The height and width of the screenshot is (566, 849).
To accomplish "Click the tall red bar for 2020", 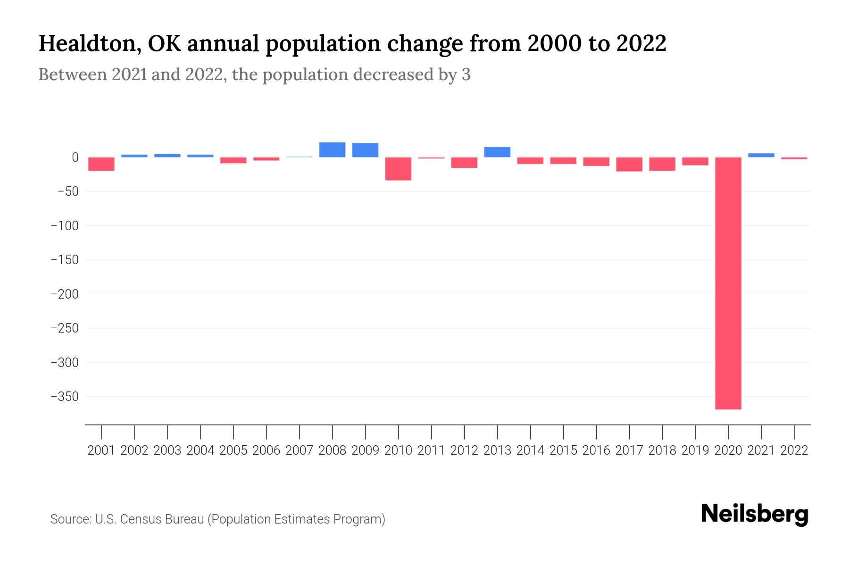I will pyautogui.click(x=728, y=283).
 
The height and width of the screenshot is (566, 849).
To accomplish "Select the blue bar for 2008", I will pyautogui.click(x=332, y=150).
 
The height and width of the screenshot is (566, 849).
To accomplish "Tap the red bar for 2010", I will pyautogui.click(x=398, y=169).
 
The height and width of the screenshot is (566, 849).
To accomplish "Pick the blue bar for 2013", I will pyautogui.click(x=497, y=152).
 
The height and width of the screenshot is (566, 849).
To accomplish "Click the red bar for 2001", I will pyautogui.click(x=101, y=164).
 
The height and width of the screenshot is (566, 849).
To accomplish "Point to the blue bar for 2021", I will pyautogui.click(x=761, y=155).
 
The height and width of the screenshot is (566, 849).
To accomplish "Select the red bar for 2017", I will pyautogui.click(x=629, y=164).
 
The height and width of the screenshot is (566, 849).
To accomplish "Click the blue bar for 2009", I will pyautogui.click(x=365, y=150).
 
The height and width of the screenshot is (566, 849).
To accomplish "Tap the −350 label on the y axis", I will pyautogui.click(x=65, y=397).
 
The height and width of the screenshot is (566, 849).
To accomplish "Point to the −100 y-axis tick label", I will pyautogui.click(x=65, y=226).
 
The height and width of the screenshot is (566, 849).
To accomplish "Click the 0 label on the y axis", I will pyautogui.click(x=75, y=158).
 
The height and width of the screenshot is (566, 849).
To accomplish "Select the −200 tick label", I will pyautogui.click(x=65, y=294).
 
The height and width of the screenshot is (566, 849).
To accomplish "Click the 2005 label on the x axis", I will pyautogui.click(x=233, y=450).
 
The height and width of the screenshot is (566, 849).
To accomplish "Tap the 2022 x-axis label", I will pyautogui.click(x=794, y=450).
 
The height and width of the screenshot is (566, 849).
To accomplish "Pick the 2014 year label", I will pyautogui.click(x=530, y=450).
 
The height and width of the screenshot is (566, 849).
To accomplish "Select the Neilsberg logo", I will pyautogui.click(x=754, y=514).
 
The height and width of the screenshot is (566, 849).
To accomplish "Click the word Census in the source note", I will pyautogui.click(x=141, y=519).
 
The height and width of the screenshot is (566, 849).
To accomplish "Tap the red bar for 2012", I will pyautogui.click(x=464, y=163).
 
